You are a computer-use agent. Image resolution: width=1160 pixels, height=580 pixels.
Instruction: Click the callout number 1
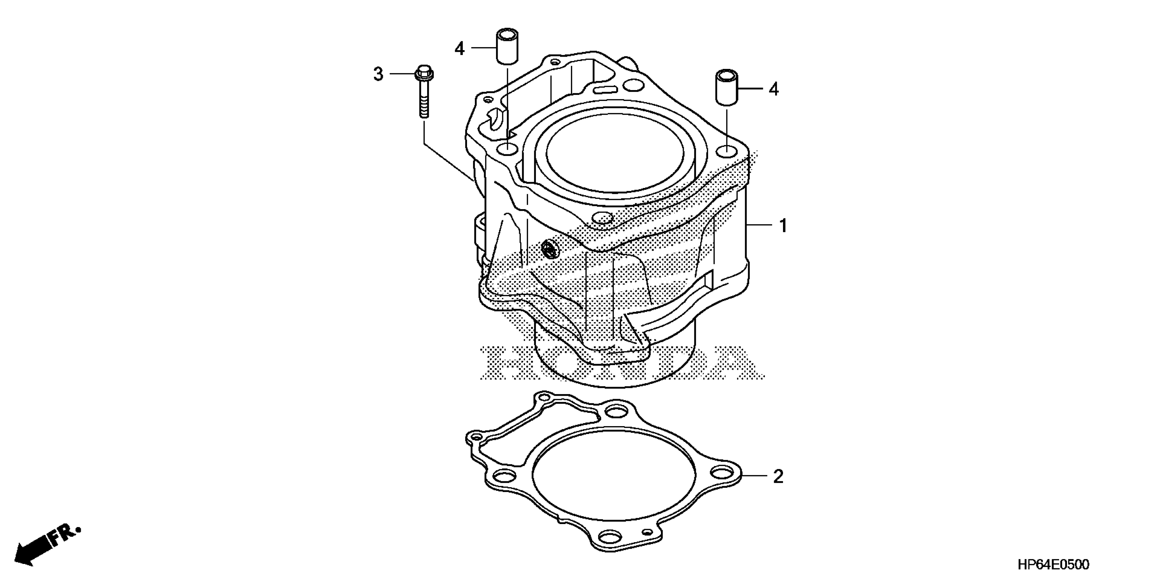coord(783,225)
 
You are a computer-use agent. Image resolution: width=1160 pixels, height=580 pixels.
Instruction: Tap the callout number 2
coord(778,476)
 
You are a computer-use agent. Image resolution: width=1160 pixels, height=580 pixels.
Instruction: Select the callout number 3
coord(378,74)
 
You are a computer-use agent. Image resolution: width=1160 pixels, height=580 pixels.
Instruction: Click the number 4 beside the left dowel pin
coord(459,48)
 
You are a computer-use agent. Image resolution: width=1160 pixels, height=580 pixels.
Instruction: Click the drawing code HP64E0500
coord(1053,565)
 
